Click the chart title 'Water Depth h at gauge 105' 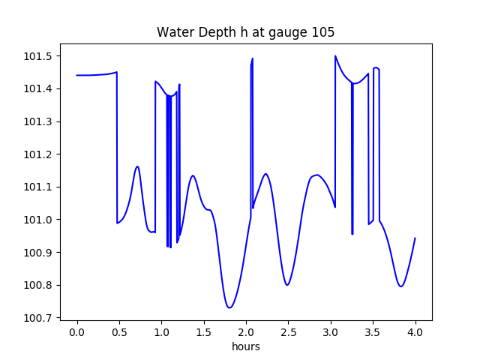pyautogui.click(x=245, y=32)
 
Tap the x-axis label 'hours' pyautogui.click(x=246, y=346)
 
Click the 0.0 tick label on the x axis pyautogui.click(x=77, y=332)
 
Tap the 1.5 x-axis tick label pyautogui.click(x=204, y=332)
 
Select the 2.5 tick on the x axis pyautogui.click(x=289, y=332)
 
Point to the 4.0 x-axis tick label pyautogui.click(x=415, y=332)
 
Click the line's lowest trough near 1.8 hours pyautogui.click(x=229, y=307)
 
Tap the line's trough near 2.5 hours pyautogui.click(x=287, y=285)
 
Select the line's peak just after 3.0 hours pyautogui.click(x=335, y=56)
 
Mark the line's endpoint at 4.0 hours pyautogui.click(x=415, y=238)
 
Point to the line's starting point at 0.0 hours pyautogui.click(x=77, y=75)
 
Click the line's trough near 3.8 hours pyautogui.click(x=401, y=286)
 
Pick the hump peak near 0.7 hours pyautogui.click(x=137, y=166)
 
